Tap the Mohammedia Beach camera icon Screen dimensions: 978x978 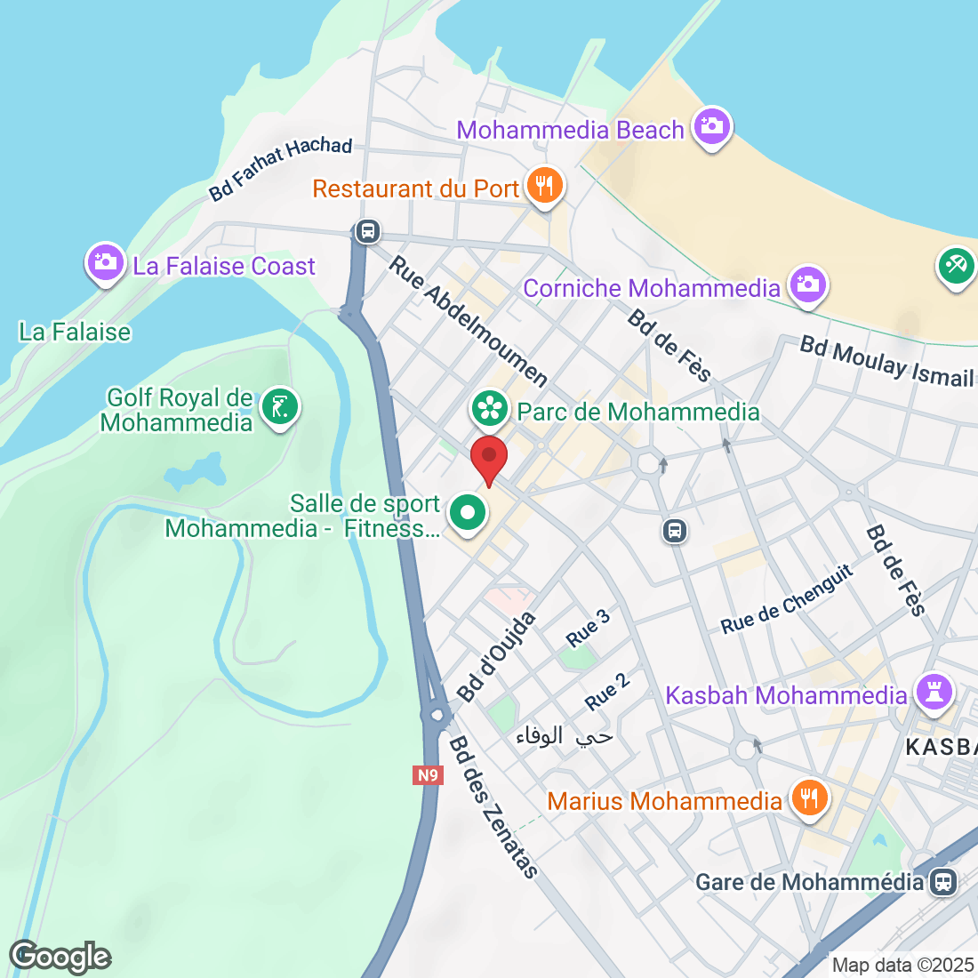point(711,127)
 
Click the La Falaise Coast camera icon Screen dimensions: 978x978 point(105,263)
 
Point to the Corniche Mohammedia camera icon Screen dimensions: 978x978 point(807,285)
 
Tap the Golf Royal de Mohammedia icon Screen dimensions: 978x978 point(280,408)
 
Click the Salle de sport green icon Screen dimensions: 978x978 point(467,513)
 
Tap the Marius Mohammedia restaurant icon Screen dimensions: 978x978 point(808,798)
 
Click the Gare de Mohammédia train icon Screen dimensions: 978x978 point(942,882)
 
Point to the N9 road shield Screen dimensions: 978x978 point(428,775)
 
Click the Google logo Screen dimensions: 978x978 point(60,957)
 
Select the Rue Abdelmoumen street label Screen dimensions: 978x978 point(469,322)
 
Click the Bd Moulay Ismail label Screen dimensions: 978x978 point(886,361)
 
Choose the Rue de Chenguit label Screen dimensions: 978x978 point(787,600)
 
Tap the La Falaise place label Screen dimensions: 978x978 point(75,333)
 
